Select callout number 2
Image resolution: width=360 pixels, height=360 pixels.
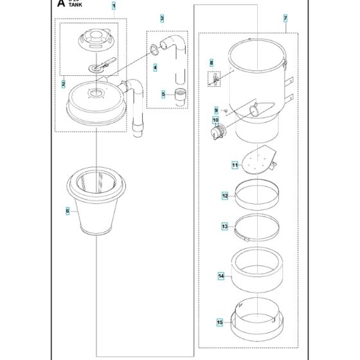coord(64,84)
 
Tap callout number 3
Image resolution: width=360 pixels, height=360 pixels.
coord(162,18)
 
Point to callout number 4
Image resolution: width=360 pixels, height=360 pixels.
coord(155,67)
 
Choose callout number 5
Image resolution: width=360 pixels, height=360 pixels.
coord(163,94)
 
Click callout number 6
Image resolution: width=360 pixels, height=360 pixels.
coord(67,210)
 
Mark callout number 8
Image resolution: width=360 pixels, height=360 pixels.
coord(210,62)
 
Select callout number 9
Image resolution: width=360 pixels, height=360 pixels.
coord(217,109)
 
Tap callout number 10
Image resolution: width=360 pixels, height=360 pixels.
coord(215,120)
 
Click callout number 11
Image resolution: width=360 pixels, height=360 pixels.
coord(217,165)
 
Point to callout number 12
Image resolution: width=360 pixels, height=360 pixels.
coord(224,195)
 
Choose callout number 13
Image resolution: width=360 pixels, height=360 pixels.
coord(224,226)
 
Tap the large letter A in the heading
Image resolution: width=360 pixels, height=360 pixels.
coord(60,4)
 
